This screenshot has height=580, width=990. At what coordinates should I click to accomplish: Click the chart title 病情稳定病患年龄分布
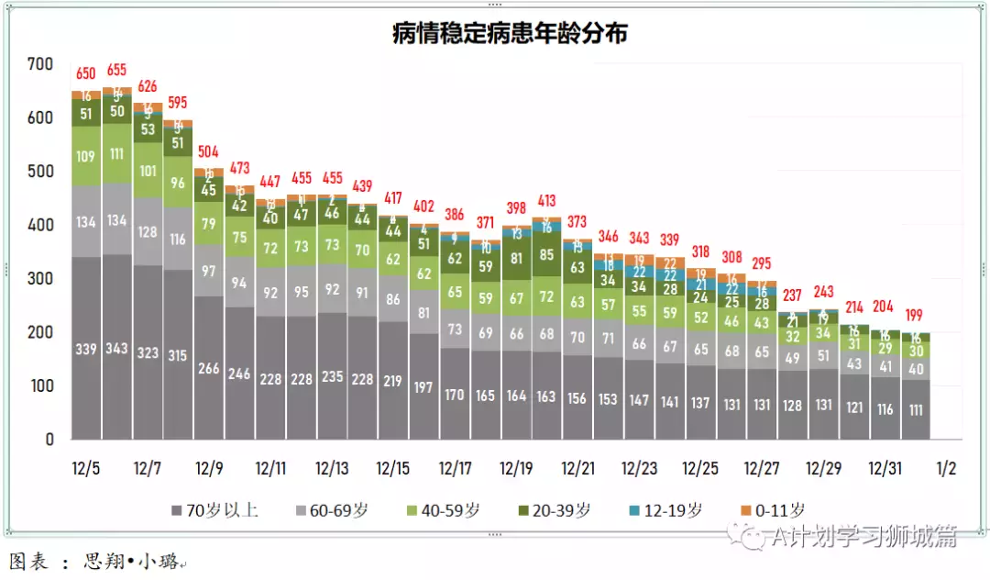pos(510,33)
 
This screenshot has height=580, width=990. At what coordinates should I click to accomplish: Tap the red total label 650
pos(85,73)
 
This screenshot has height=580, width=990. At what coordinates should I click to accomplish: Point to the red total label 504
pos(208,151)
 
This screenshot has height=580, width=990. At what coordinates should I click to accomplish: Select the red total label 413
pos(546,200)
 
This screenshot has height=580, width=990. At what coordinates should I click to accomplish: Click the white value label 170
pos(455,395)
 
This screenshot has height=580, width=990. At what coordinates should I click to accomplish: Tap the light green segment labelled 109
pos(85,157)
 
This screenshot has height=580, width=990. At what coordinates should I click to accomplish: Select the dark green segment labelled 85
pos(546,256)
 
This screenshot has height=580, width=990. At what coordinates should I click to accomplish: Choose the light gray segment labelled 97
pos(208,272)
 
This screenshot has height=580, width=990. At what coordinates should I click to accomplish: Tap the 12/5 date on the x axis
pos(85,468)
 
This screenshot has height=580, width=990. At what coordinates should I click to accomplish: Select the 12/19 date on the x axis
pos(516,468)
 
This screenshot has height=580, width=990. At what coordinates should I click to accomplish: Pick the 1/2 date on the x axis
pos(946,468)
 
